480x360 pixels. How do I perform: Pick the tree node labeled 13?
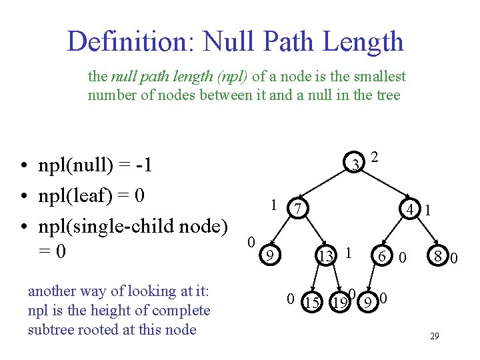click(x=326, y=255)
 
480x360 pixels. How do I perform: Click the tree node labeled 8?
click(x=437, y=255)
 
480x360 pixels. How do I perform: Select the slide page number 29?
click(x=434, y=336)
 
